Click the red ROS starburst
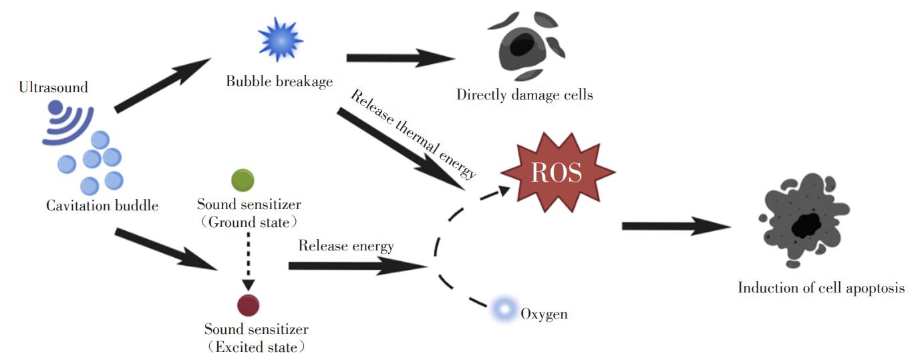click(558, 172)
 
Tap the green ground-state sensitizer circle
click(243, 180)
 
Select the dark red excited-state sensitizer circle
click(249, 305)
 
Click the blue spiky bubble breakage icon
click(281, 39)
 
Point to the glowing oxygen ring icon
click(504, 309)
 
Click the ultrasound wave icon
click(68, 123)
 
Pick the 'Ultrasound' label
click(53, 87)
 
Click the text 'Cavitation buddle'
click(102, 205)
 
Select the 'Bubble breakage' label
click(279, 81)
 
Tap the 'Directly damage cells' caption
click(524, 94)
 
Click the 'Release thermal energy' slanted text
click(414, 134)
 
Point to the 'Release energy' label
click(346, 246)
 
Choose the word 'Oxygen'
click(545, 314)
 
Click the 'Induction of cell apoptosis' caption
click(821, 288)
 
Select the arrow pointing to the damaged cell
click(401, 57)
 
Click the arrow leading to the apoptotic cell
click(676, 226)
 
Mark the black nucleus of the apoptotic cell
click(806, 225)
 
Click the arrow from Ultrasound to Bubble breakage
click(162, 85)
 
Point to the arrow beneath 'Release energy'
click(358, 266)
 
